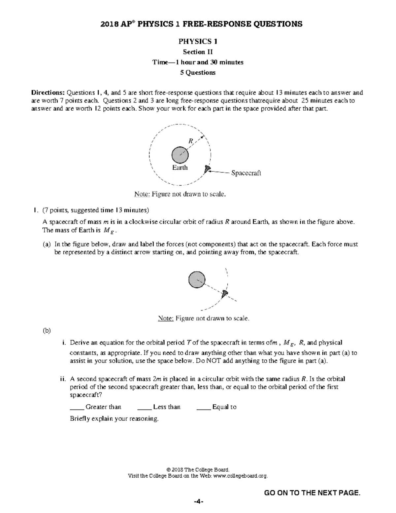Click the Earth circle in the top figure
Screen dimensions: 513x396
tap(180, 155)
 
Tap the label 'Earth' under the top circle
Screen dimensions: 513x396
tap(180, 167)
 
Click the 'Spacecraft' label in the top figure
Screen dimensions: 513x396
tap(246, 173)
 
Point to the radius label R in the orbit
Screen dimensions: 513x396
tap(190, 141)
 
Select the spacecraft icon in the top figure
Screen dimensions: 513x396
tap(207, 169)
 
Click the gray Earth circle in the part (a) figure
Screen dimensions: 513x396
tap(197, 280)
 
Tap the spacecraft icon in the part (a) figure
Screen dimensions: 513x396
tap(225, 293)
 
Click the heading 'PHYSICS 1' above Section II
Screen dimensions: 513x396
tap(198, 41)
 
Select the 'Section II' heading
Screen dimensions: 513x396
tap(198, 52)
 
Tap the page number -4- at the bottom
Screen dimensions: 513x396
tap(198, 502)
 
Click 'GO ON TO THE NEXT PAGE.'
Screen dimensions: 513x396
tap(312, 493)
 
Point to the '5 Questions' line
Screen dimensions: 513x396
tap(198, 73)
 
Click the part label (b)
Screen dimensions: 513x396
tap(47, 330)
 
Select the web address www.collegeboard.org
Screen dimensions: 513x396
tap(240, 476)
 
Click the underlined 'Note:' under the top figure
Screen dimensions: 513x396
tap(142, 194)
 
